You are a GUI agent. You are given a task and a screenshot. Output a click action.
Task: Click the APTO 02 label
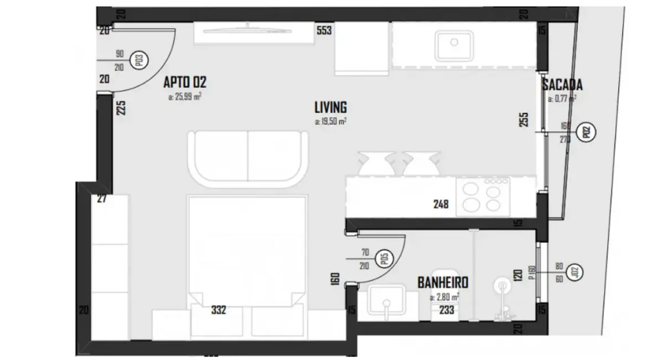[x=185, y=83]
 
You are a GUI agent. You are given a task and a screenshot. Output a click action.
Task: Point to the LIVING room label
[x=330, y=107]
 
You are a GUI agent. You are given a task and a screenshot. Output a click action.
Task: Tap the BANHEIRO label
[x=443, y=283]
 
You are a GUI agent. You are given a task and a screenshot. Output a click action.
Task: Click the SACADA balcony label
[x=562, y=85]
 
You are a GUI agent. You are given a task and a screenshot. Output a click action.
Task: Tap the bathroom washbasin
[x=386, y=304]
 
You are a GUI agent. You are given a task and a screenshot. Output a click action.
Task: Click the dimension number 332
[x=218, y=310]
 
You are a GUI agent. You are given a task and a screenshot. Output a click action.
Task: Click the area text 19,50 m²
[x=330, y=121]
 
